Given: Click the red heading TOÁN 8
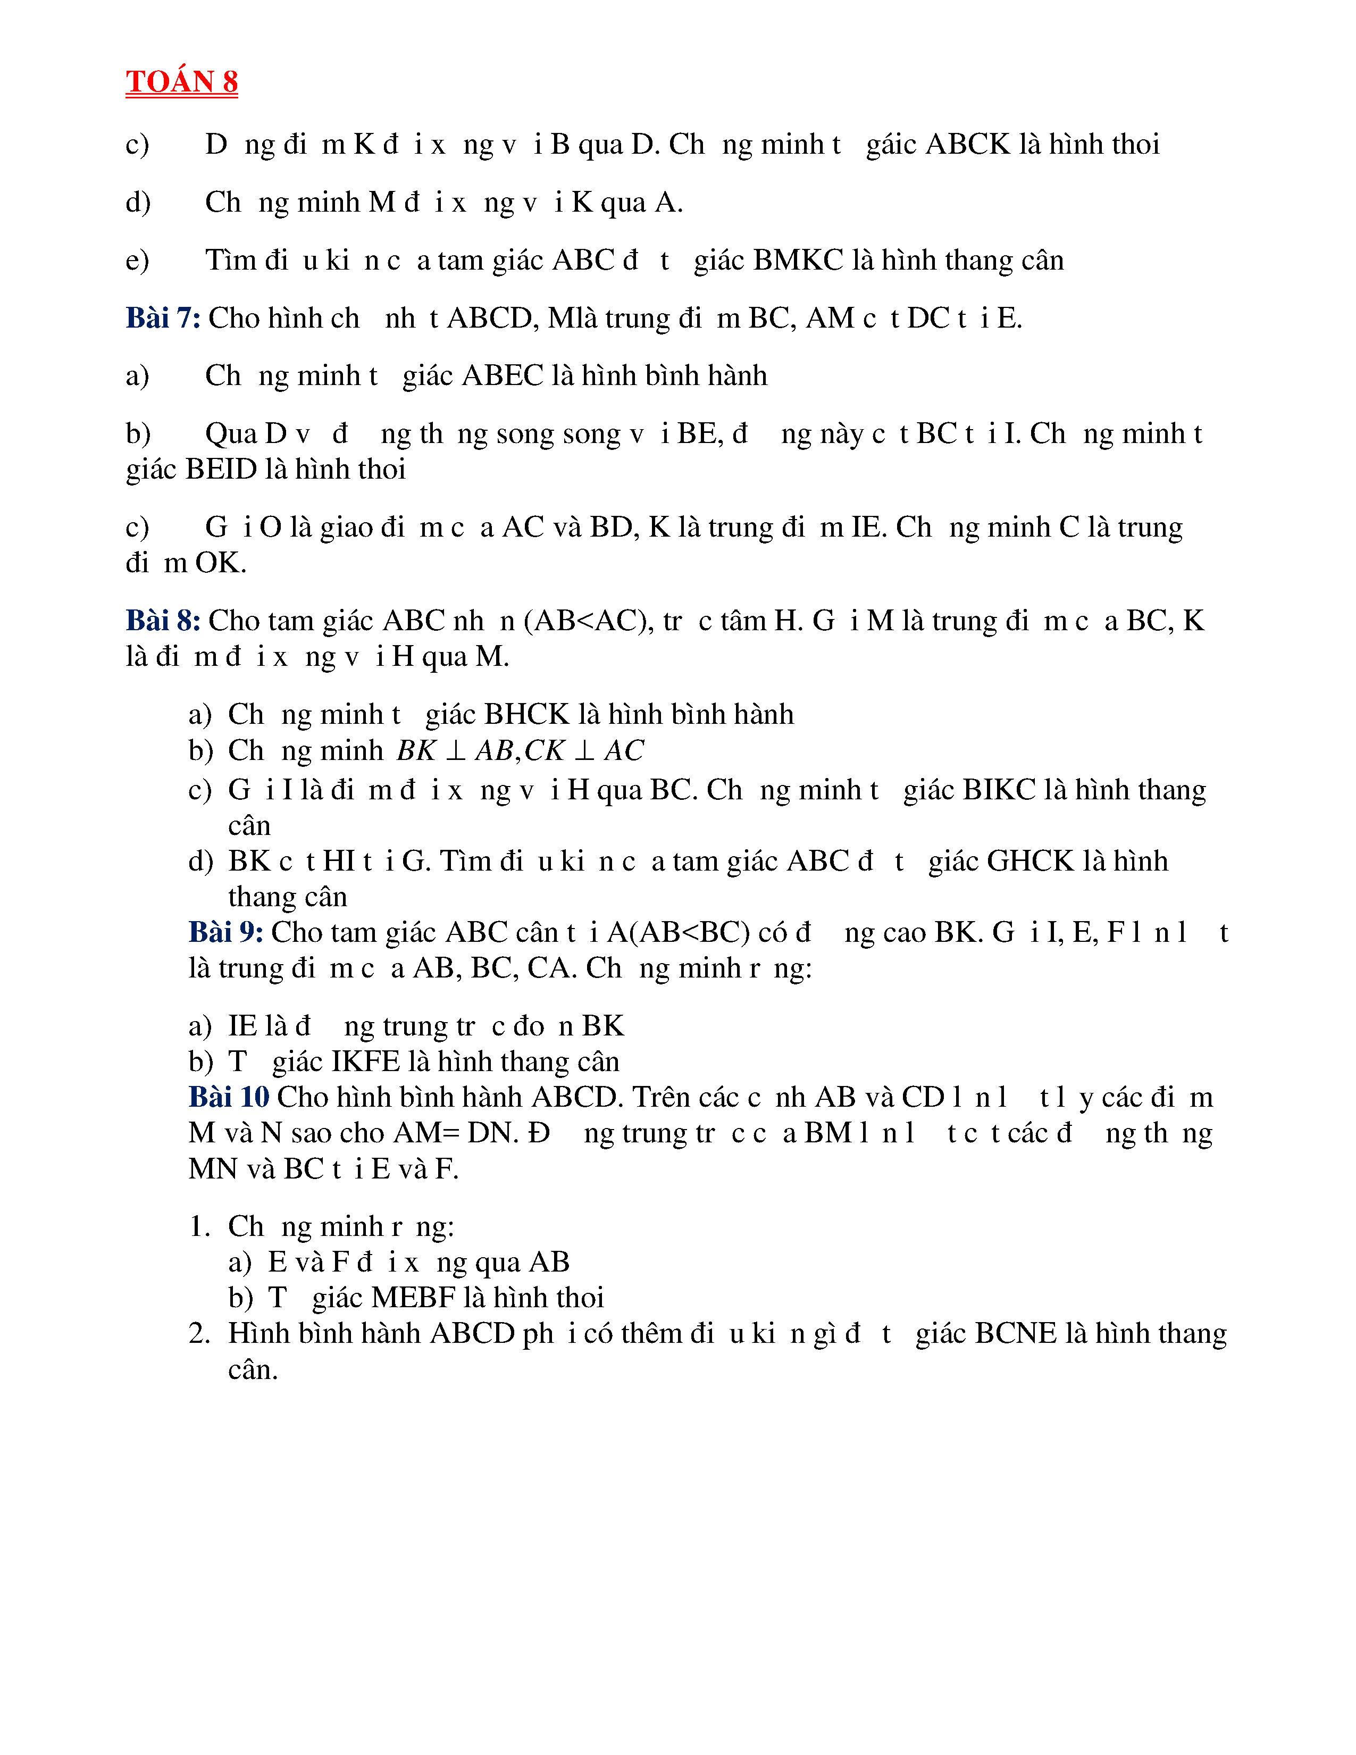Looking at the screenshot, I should point(181,81).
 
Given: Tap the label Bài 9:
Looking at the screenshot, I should point(225,932).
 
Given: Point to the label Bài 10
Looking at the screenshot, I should point(229,1097).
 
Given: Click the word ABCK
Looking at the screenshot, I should point(968,145).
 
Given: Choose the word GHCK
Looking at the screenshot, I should point(1030,862).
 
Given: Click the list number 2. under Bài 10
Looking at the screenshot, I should point(199,1334).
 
